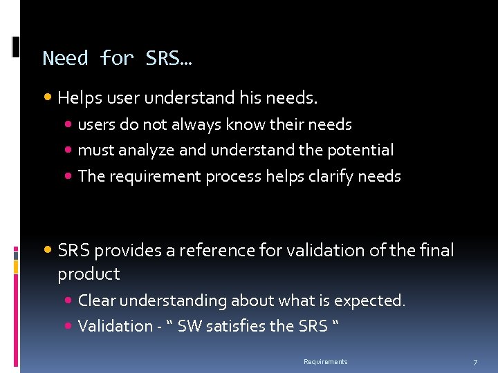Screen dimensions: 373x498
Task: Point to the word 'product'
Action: [x=89, y=274]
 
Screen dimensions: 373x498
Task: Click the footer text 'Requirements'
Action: [x=326, y=362]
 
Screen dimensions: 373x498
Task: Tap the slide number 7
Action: [x=475, y=363]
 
